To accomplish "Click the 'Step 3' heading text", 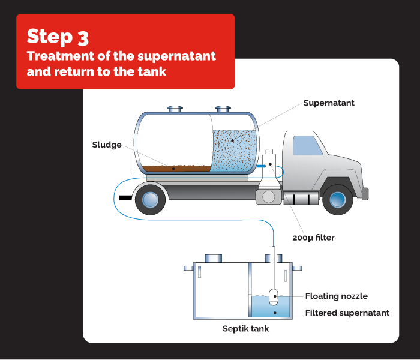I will point(58,37).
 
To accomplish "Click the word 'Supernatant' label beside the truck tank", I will point(328,103).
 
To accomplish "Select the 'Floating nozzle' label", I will point(336,296).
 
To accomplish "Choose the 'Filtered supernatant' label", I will point(347,313).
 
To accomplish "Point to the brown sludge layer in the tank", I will point(174,168).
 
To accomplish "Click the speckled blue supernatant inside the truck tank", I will point(234,150).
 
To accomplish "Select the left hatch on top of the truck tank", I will point(175,109).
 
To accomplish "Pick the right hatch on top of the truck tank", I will point(223,109).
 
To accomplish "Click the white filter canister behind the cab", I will point(269,162).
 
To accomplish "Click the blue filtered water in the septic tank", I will point(264,309).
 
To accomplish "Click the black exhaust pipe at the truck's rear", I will point(125,197).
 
